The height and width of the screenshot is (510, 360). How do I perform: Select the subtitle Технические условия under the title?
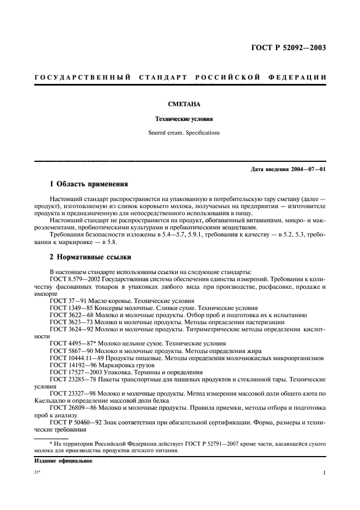pyautogui.click(x=180, y=118)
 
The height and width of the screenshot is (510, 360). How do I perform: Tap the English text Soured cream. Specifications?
pyautogui.click(x=180, y=132)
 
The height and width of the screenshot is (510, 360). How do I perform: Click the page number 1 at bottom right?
pyautogui.click(x=324, y=473)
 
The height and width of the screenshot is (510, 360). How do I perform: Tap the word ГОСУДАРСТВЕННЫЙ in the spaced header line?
pyautogui.click(x=82, y=77)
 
